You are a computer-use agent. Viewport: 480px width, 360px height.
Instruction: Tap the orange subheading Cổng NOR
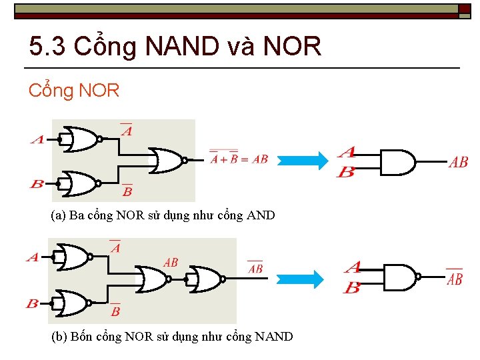(73, 91)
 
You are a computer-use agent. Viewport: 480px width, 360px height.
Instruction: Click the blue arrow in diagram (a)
(302, 161)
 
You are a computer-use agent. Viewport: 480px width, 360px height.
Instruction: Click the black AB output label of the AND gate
(458, 162)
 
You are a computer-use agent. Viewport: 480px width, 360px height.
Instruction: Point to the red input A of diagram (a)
(37, 140)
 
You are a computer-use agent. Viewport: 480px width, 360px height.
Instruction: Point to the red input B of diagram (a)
(37, 183)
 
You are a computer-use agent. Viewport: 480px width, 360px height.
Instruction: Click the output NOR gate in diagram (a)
(167, 160)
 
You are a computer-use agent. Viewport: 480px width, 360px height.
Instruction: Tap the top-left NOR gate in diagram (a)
(80, 139)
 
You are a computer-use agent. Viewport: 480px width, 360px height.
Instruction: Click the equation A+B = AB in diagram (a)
(238, 159)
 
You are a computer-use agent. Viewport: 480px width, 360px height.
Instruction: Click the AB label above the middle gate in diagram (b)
(171, 263)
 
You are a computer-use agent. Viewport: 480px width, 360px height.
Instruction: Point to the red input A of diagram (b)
(32, 257)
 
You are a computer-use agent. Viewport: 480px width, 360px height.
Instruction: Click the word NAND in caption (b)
(273, 337)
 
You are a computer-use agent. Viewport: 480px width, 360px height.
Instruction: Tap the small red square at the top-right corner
(464, 9)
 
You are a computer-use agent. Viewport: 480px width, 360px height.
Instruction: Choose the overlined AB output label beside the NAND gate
(454, 279)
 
